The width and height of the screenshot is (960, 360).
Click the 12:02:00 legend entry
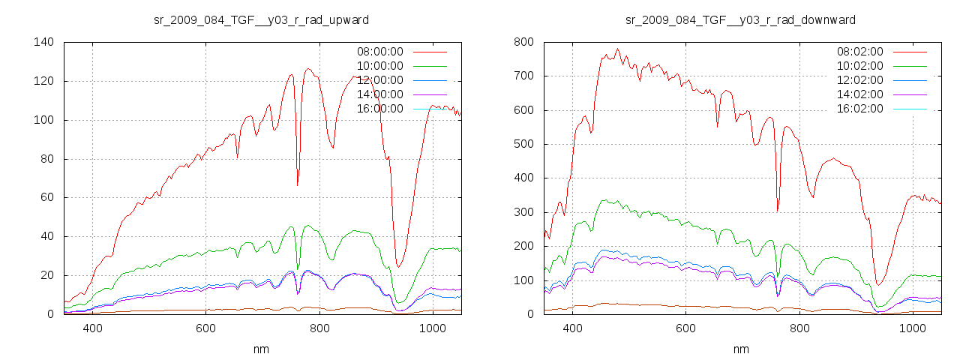(x=859, y=80)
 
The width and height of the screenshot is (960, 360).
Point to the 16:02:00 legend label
(x=859, y=109)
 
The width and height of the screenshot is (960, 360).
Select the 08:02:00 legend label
(x=859, y=52)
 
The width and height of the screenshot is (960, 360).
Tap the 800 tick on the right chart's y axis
(x=523, y=42)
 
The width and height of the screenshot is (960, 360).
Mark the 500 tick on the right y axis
(x=523, y=144)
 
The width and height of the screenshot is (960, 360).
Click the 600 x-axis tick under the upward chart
(x=205, y=328)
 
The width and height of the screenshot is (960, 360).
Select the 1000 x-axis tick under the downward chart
(x=912, y=328)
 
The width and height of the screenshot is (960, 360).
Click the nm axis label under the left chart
(x=261, y=349)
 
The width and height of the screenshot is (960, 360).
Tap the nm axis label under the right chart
(x=741, y=349)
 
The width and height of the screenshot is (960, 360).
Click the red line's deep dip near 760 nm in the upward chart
(x=298, y=184)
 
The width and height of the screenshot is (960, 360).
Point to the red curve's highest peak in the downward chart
(x=618, y=49)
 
